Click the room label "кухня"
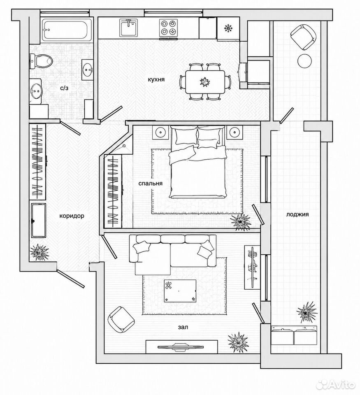click(156, 79)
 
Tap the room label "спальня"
click(151, 184)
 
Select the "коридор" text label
click(72, 216)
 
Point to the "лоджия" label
click(297, 215)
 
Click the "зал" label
click(183, 327)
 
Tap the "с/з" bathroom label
click(64, 88)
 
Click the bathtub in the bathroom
click(67, 30)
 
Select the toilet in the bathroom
click(41, 61)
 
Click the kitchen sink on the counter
click(129, 28)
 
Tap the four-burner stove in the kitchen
click(168, 28)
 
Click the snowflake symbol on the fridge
click(228, 28)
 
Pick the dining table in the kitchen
click(205, 82)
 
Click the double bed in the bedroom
click(197, 162)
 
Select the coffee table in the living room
click(180, 290)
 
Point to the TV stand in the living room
click(181, 346)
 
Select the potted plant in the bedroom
click(240, 221)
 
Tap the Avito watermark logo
click(336, 385)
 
